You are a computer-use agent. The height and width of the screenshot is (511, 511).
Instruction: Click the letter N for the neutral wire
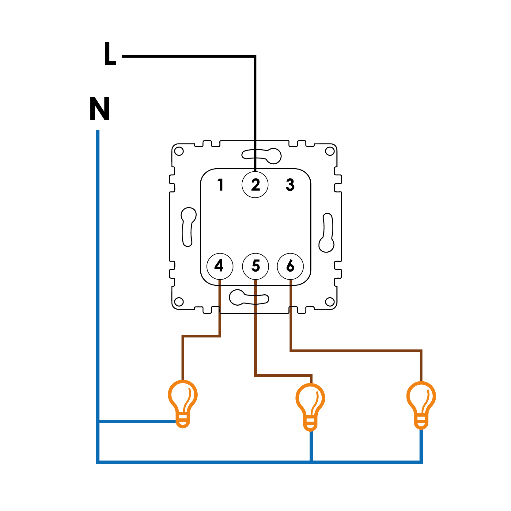[x=100, y=109]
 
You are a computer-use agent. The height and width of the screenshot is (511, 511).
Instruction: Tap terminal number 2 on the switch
[x=255, y=185]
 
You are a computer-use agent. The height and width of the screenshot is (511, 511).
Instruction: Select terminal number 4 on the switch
[x=220, y=266]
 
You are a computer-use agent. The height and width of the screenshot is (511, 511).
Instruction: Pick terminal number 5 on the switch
[x=255, y=266]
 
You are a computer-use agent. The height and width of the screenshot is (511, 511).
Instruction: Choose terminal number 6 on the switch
[x=290, y=266]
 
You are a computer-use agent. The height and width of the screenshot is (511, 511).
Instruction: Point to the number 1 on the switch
[x=220, y=185]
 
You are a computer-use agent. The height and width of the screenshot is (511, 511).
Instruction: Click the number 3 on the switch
[x=290, y=185]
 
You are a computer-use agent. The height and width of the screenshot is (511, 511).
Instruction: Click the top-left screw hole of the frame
[x=179, y=151]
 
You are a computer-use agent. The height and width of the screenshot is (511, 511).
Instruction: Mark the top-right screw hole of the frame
[x=330, y=151]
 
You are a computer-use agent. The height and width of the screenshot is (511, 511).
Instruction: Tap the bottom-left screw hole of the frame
[x=179, y=302]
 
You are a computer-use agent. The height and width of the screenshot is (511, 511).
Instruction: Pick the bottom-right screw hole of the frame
[x=330, y=302]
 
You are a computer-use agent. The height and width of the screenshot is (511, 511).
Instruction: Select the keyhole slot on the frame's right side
[x=327, y=233]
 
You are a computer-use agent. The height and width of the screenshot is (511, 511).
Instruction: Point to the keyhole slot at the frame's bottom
[x=248, y=298]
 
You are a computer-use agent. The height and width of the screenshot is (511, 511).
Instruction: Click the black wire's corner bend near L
[x=255, y=57]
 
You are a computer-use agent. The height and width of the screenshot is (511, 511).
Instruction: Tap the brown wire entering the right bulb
[x=421, y=366]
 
